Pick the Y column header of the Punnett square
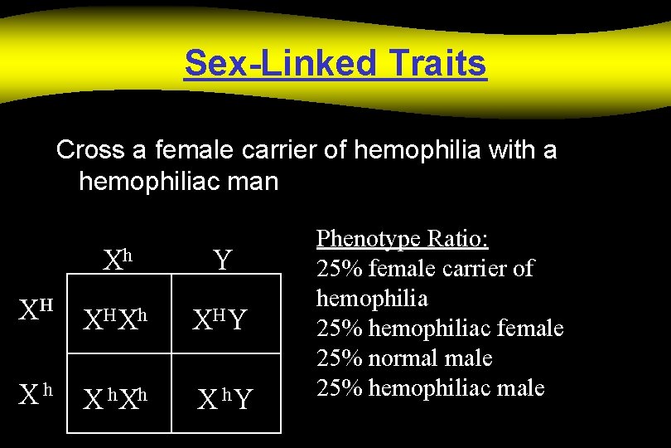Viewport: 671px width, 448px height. click(222, 261)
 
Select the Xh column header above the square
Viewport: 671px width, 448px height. click(118, 261)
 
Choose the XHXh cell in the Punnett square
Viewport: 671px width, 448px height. click(117, 318)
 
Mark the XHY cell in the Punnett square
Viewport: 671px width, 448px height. click(220, 318)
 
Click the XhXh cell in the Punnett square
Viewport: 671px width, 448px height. click(117, 399)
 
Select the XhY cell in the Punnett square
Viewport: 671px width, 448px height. click(224, 399)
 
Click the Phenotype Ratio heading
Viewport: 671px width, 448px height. click(403, 239)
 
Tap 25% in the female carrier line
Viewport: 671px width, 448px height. click(340, 269)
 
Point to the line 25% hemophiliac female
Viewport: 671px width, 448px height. click(440, 329)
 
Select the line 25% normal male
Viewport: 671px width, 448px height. click(404, 358)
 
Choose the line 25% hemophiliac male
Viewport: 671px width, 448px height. click(431, 387)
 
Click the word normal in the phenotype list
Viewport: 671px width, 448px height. click(408, 358)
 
